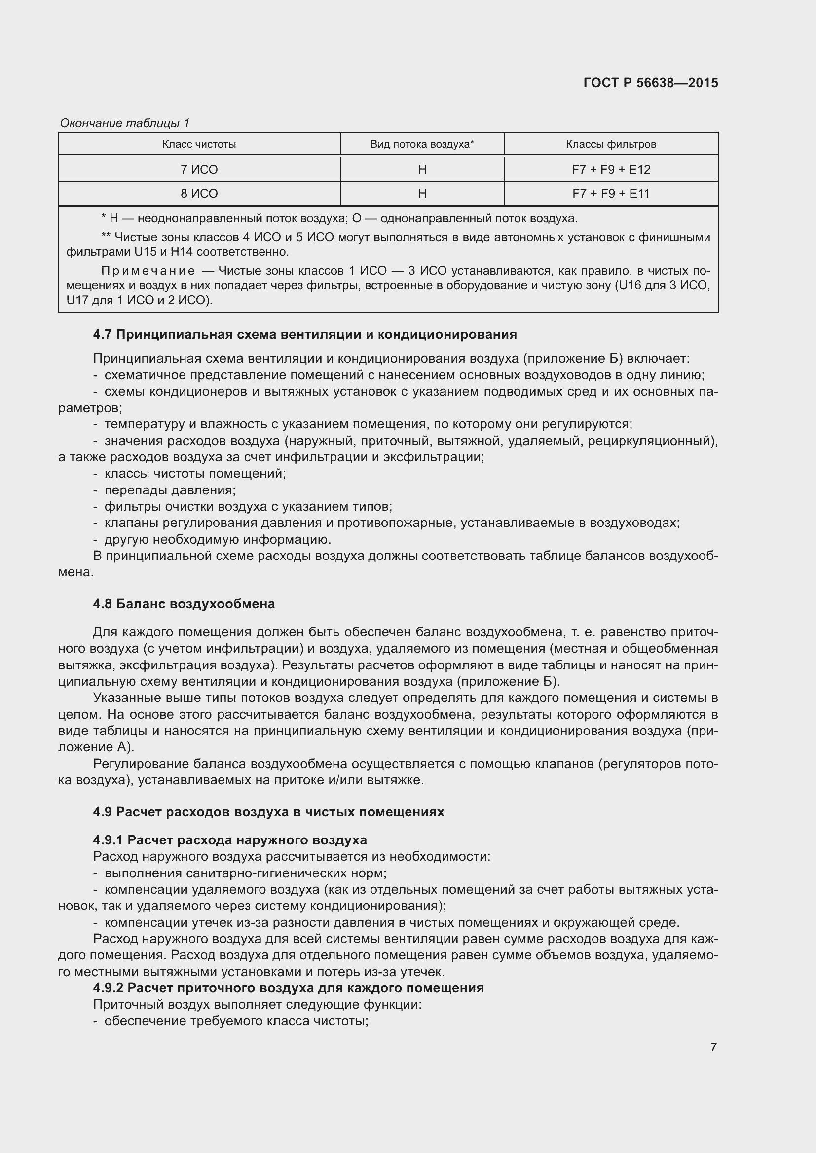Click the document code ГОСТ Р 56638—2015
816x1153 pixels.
click(651, 83)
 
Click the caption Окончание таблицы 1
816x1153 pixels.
click(125, 123)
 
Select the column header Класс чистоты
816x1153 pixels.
click(199, 144)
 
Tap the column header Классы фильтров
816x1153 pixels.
click(611, 144)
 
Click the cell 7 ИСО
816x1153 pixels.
click(199, 170)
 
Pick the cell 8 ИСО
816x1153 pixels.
click(199, 194)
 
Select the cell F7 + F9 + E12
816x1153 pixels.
click(611, 170)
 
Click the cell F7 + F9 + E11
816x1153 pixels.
click(611, 194)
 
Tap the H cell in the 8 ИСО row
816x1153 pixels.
click(422, 194)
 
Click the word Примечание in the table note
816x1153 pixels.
click(148, 271)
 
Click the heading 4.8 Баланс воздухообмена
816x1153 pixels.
click(184, 604)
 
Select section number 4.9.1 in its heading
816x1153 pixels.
click(108, 840)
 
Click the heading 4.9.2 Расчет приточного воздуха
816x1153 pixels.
click(289, 988)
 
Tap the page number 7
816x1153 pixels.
click(713, 1047)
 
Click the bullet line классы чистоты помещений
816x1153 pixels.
click(195, 474)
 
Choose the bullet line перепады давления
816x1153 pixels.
click(170, 490)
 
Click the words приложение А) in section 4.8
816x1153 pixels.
click(96, 747)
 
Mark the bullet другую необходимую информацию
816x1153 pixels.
click(218, 540)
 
